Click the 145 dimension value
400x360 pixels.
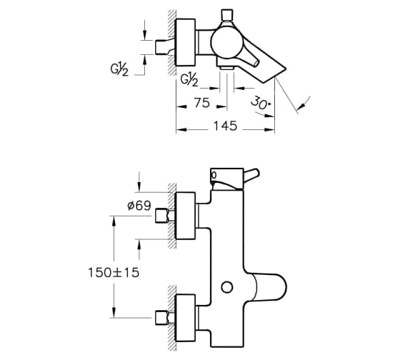coord(225,126)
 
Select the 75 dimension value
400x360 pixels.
coord(201,103)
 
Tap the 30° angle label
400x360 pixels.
coord(261,103)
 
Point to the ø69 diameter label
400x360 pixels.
coord(139,206)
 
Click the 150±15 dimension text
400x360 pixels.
coord(114,272)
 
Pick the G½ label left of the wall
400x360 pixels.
coord(119,69)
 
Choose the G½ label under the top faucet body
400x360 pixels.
coord(189,80)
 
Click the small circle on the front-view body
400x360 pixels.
coord(227,287)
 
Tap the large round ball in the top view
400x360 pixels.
coord(226,43)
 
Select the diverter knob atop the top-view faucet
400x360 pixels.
coord(227,15)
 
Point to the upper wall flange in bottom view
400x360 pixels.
coord(186,216)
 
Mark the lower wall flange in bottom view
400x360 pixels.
coord(186,318)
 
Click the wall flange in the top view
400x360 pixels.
coord(186,42)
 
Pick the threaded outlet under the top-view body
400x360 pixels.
coord(227,68)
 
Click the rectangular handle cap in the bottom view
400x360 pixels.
coord(227,179)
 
